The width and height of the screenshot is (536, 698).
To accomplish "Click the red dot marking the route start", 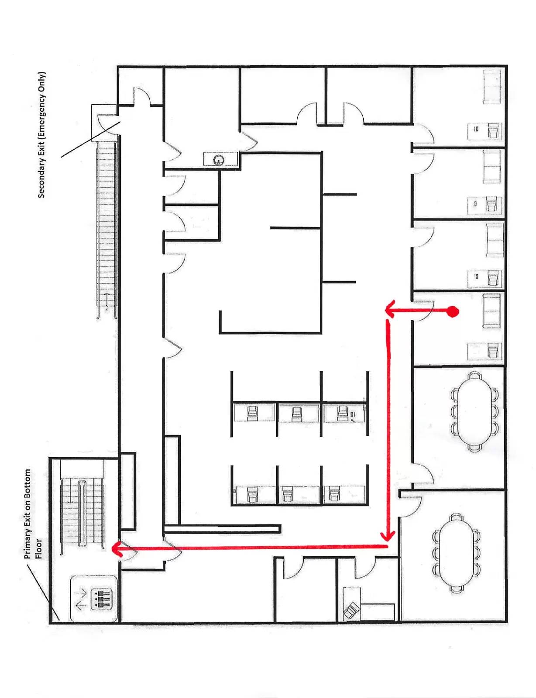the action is point(453,311).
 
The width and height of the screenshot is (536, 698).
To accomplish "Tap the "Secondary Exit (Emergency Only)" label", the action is point(42,135).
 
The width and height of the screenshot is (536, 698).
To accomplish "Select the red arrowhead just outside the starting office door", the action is point(390,310).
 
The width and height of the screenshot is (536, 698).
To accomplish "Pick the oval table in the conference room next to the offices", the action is point(474,411).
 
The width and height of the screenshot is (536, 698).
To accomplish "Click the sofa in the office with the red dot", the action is point(491,311).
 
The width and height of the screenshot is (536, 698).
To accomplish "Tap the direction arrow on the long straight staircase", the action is point(107,301).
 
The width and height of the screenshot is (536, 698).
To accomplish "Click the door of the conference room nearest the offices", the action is point(423,473).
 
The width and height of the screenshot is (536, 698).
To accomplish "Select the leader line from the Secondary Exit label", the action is point(91,140).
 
